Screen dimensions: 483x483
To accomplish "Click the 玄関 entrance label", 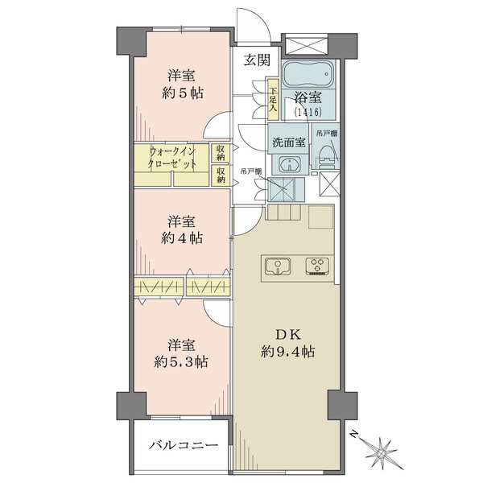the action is coord(258,60).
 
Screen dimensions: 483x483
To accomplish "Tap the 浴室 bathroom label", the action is coord(308,97).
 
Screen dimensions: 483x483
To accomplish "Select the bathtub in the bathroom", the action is coord(309,74).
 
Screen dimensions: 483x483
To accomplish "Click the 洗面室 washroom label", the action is coord(289,142).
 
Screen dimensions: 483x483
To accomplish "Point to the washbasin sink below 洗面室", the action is coord(290,163).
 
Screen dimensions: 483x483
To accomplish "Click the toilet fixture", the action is coord(326,156).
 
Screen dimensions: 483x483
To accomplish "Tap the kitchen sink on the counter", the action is coord(278,266).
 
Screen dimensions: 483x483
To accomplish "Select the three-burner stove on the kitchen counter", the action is coord(317,266).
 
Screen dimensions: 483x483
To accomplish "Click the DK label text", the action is coord(287,335).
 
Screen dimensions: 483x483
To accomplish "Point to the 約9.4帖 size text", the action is coord(287,351).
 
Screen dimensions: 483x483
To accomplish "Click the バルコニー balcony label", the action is coord(184,445).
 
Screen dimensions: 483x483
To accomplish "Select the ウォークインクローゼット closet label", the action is coord(172,157).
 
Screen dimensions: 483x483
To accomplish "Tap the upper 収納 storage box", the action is coord(221,153).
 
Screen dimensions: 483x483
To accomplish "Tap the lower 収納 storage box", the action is coord(221,175).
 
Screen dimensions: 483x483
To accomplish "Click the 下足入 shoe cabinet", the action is coord(273,100).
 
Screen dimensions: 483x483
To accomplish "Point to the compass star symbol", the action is coord(382,453).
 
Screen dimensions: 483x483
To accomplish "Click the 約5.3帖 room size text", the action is coord(181,362).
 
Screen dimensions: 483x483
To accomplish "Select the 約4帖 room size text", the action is coord(182,238).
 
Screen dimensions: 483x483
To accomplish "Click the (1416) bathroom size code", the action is coord(308,112).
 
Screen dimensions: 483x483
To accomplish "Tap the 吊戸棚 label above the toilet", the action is coord(327,134).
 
